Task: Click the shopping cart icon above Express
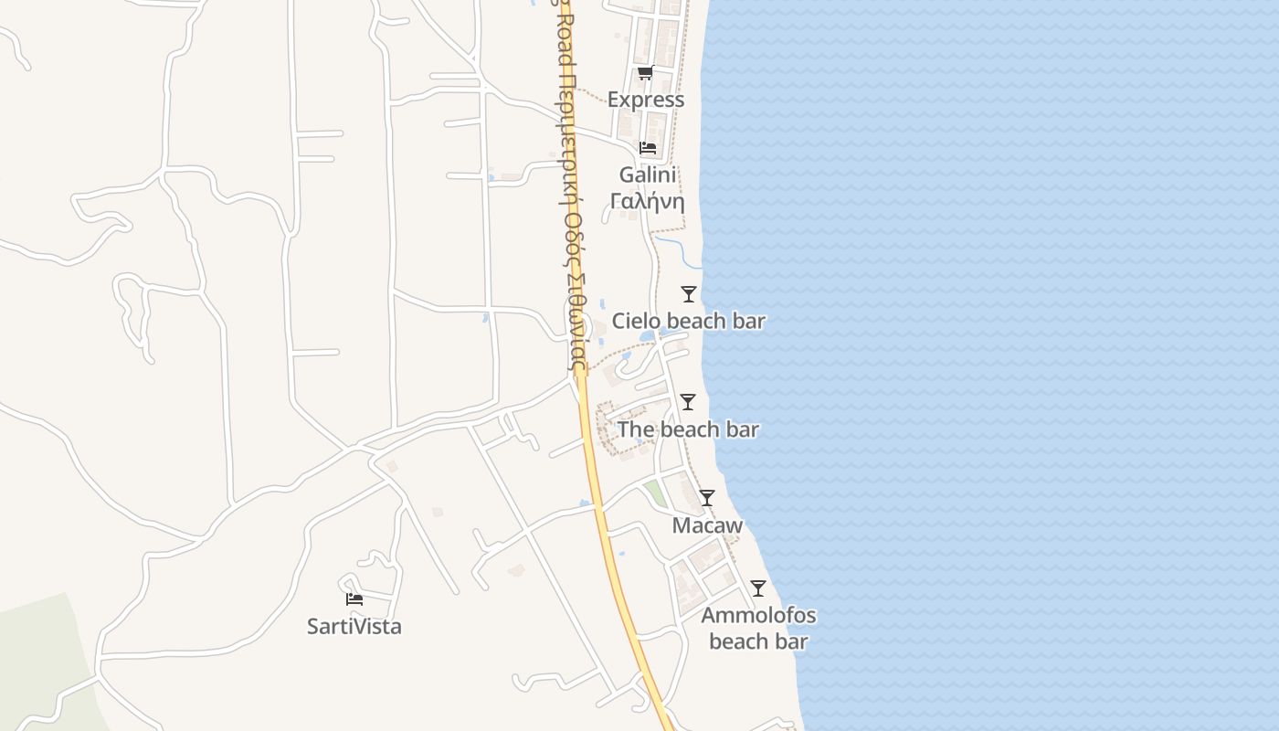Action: pyautogui.click(x=645, y=73)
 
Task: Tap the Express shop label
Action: pyautogui.click(x=646, y=100)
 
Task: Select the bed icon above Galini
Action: pyautogui.click(x=648, y=148)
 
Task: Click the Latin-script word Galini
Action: pyautogui.click(x=648, y=175)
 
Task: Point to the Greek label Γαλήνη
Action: pyautogui.click(x=648, y=201)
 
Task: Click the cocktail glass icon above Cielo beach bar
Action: pyautogui.click(x=689, y=294)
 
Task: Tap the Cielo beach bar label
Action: pyautogui.click(x=689, y=321)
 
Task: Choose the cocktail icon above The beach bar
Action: pyautogui.click(x=688, y=402)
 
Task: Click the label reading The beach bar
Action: pyautogui.click(x=688, y=429)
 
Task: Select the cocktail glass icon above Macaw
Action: pyautogui.click(x=707, y=498)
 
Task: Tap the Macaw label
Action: pyautogui.click(x=707, y=525)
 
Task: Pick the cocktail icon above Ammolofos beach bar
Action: pyautogui.click(x=758, y=588)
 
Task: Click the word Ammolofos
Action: pyautogui.click(x=758, y=615)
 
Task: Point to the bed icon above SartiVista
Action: pyautogui.click(x=354, y=599)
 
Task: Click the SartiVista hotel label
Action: pyautogui.click(x=354, y=627)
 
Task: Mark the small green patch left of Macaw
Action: pyautogui.click(x=655, y=493)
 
